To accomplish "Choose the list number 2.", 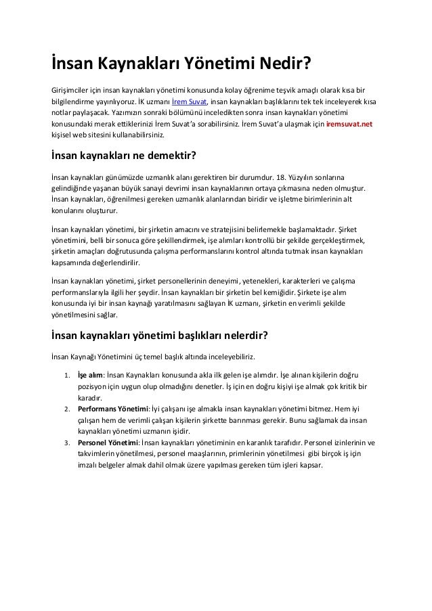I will [66, 410].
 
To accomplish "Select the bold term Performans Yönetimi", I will [113, 410].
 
